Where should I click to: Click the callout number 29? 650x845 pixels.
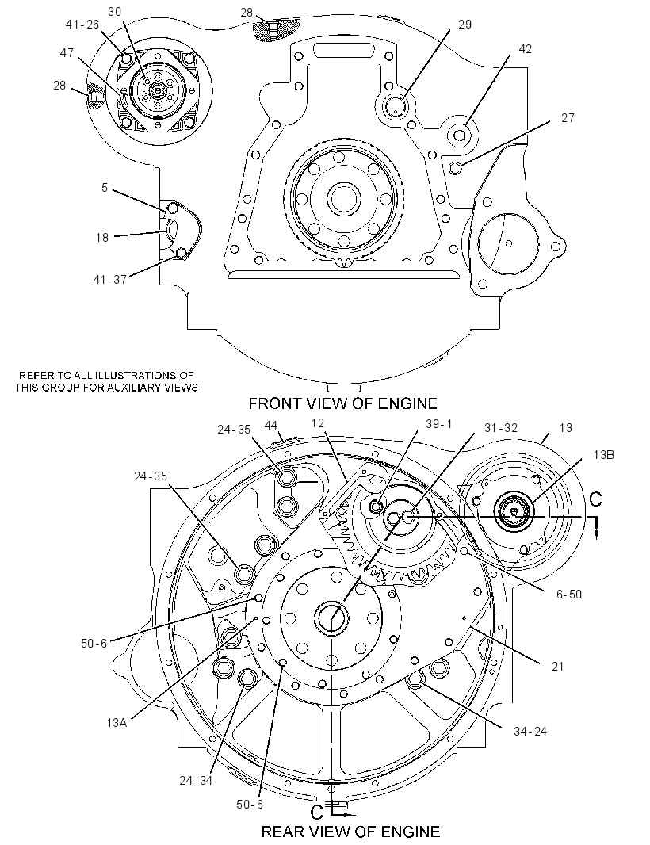tap(465, 25)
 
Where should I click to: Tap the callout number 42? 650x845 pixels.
tap(525, 49)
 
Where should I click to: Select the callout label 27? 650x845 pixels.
tap(568, 117)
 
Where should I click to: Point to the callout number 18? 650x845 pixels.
tap(102, 238)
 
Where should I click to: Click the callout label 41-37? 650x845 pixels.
tap(110, 280)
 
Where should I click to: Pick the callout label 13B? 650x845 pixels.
tap(604, 454)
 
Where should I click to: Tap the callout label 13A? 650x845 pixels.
tap(117, 723)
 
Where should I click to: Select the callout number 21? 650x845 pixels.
tap(557, 667)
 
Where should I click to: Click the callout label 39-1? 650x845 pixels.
tap(438, 424)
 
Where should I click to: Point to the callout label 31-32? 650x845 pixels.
tap(501, 428)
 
